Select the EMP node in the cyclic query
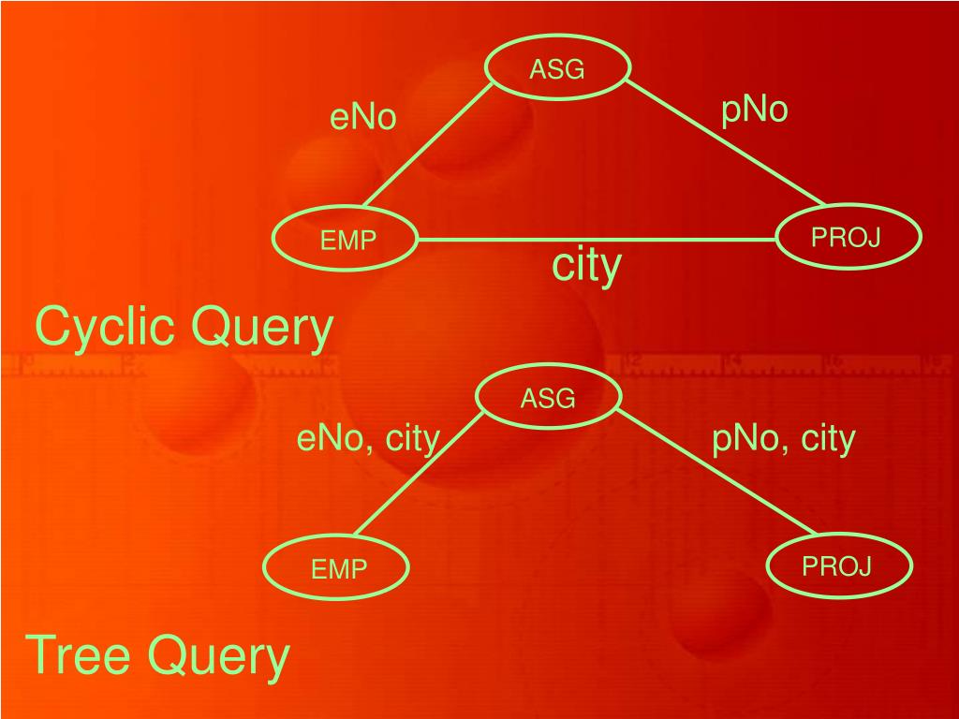(347, 241)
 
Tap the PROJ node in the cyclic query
(848, 238)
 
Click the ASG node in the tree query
(548, 400)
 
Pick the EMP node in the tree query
(338, 568)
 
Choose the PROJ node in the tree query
(837, 565)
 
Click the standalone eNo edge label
(363, 118)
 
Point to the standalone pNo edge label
(754, 110)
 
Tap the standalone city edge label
(586, 265)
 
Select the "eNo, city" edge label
(368, 438)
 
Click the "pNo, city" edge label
(784, 438)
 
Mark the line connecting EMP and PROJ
(599, 240)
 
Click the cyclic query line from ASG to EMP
(429, 145)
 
